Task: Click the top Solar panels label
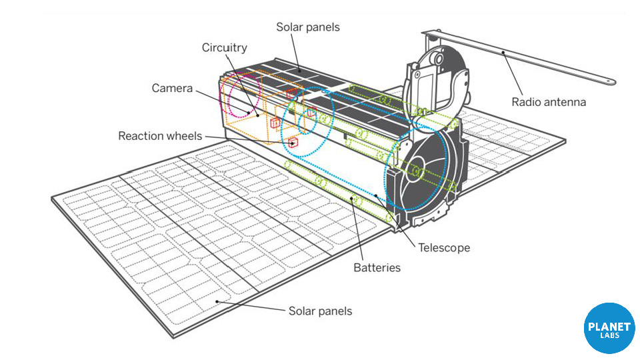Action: [308, 27]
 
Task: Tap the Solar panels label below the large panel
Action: [320, 311]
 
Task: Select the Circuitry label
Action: [225, 47]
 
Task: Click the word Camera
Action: [172, 88]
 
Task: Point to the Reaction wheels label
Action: [159, 136]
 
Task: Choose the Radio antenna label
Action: [549, 102]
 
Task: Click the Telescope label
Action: [444, 248]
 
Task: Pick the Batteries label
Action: [377, 268]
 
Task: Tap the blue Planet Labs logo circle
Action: [609, 328]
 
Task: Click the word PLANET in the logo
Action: [609, 326]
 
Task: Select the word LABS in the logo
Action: [609, 335]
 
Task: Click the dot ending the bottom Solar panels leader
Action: [216, 301]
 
